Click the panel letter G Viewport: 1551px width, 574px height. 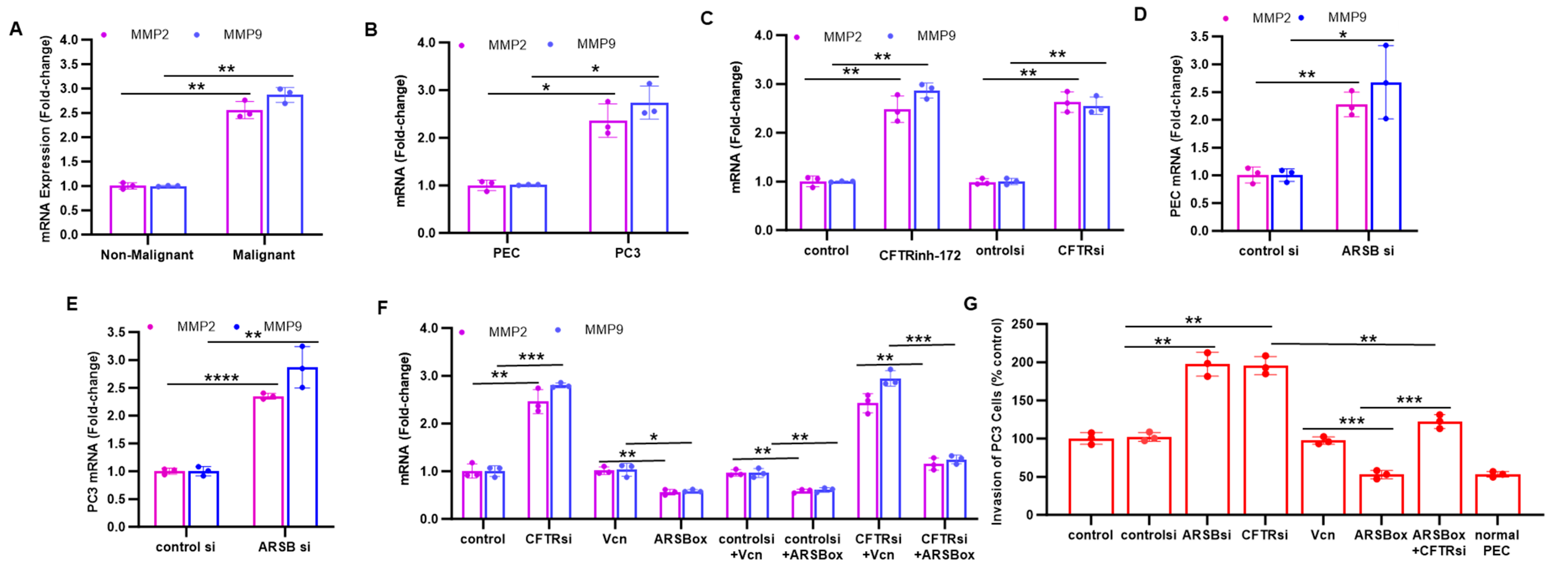[970, 304]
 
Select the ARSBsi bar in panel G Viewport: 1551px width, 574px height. [1207, 440]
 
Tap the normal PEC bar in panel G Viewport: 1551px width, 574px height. [1497, 495]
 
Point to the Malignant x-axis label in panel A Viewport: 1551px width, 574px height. [264, 255]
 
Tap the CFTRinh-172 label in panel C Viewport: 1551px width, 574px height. [920, 255]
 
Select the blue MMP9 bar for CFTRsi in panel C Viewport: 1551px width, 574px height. [1097, 169]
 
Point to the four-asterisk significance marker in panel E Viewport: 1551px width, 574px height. [222, 379]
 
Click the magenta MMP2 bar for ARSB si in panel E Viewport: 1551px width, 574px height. [268, 461]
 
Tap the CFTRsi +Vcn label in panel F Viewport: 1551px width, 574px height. [878, 546]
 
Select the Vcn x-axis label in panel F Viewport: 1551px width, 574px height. [614, 539]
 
